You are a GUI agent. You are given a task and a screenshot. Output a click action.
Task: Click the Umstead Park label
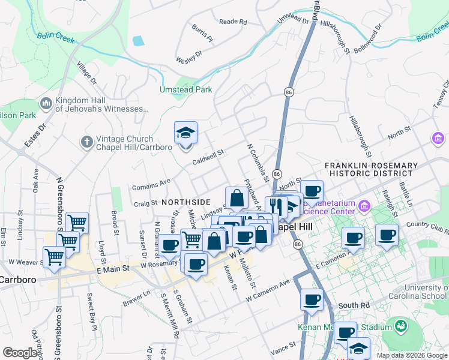tap(185, 89)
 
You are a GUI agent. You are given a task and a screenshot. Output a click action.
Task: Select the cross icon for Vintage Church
tap(86, 142)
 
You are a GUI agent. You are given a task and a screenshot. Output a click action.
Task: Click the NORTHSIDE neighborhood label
tap(187, 202)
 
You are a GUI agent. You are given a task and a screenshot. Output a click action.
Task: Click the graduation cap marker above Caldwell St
tap(186, 133)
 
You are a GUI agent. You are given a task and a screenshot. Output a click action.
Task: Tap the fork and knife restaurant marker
tap(276, 208)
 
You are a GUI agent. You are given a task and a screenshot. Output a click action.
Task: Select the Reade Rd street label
tap(233, 22)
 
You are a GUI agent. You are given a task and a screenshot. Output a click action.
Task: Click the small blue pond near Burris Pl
tap(139, 41)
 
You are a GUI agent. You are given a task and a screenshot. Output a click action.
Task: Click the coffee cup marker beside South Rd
tap(312, 300)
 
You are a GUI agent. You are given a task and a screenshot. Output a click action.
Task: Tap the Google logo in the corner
tap(20, 353)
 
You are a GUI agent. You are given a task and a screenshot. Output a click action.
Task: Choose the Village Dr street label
tap(86, 71)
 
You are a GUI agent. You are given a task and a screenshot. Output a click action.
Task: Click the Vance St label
tap(283, 347)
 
